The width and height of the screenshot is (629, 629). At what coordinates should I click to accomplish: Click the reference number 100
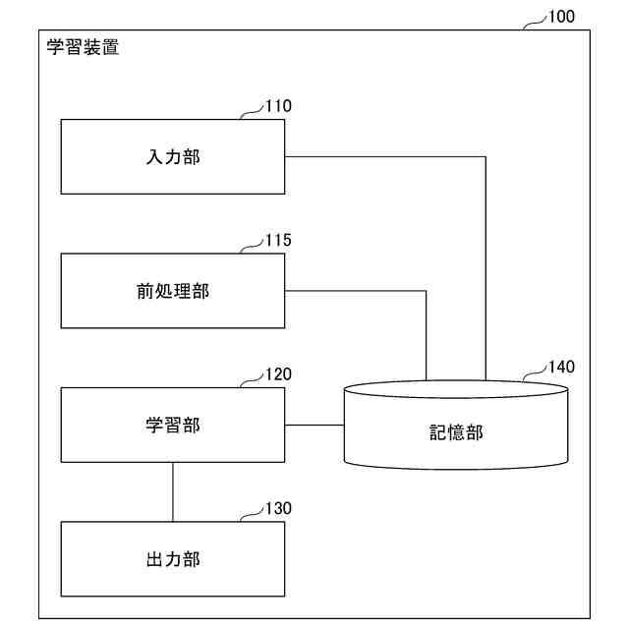click(x=562, y=17)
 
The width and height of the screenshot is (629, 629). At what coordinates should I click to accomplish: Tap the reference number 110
click(x=278, y=106)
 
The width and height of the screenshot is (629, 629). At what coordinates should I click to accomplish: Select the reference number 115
click(x=278, y=240)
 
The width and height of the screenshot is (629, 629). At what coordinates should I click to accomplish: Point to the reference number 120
click(x=278, y=374)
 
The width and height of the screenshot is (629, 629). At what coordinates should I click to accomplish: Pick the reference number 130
click(x=278, y=509)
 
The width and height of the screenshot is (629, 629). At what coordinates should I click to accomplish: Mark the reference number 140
click(x=561, y=368)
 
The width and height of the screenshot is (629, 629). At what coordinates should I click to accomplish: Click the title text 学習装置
click(x=84, y=46)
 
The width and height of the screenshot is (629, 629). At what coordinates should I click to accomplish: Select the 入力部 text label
click(x=173, y=157)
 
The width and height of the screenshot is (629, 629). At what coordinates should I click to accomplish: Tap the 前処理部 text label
click(x=173, y=291)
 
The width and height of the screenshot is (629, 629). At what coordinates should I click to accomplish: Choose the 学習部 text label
click(x=173, y=426)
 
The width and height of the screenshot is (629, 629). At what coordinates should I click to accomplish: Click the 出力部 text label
click(x=173, y=560)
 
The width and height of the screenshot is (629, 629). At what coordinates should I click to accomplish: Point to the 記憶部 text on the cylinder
click(x=456, y=432)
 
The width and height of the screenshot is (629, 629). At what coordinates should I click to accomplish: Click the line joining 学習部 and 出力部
click(x=173, y=491)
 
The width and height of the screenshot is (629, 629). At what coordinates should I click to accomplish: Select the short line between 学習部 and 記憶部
click(x=314, y=426)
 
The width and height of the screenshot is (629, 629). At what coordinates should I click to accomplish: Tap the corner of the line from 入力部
click(x=486, y=157)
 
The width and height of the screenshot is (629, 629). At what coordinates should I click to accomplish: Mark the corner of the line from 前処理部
click(x=426, y=291)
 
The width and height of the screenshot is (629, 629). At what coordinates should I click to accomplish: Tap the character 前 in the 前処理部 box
click(x=145, y=291)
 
